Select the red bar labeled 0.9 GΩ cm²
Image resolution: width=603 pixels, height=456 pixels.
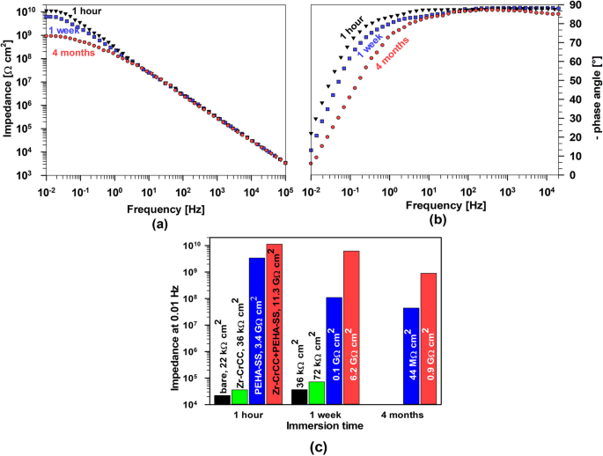(x=429, y=339)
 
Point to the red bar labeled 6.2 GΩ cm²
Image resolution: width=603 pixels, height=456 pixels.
(x=351, y=327)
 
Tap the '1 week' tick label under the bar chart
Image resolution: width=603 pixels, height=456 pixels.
(x=325, y=415)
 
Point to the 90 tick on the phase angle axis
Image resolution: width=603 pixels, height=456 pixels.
(x=572, y=5)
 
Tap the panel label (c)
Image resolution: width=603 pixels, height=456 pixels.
(x=326, y=447)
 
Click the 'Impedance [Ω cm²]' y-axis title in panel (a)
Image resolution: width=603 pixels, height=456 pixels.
(x=8, y=92)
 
